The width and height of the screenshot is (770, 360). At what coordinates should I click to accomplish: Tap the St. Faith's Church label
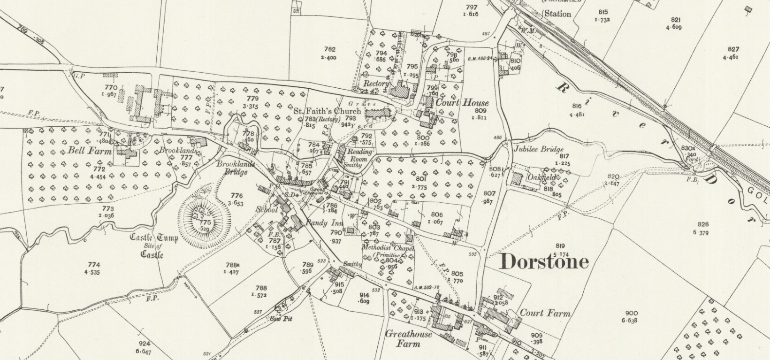(x=328, y=111)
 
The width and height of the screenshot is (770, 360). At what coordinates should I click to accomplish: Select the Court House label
(x=462, y=103)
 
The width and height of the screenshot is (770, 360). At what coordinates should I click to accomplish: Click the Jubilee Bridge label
(x=539, y=149)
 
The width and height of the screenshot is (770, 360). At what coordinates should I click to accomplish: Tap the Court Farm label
(x=545, y=313)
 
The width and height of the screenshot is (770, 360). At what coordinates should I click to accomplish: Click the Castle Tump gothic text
(x=153, y=238)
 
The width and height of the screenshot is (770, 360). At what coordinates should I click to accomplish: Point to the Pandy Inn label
(x=324, y=223)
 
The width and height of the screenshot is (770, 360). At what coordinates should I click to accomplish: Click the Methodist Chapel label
(x=388, y=248)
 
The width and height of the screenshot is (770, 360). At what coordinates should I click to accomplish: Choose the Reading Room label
(x=359, y=155)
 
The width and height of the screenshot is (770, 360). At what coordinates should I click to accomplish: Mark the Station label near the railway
(x=557, y=14)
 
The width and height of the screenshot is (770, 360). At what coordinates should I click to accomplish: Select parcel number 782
(x=329, y=49)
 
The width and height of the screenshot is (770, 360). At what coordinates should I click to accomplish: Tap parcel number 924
(x=144, y=344)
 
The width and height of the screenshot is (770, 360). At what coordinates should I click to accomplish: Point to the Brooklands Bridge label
(x=236, y=168)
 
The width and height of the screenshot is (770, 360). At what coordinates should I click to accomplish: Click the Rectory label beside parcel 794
(x=376, y=84)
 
